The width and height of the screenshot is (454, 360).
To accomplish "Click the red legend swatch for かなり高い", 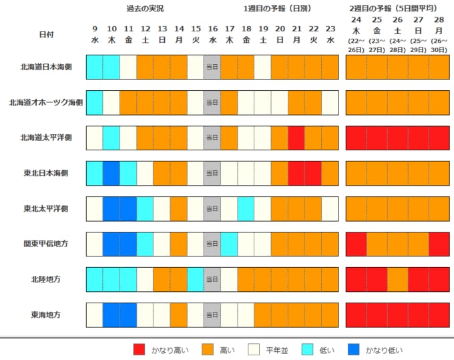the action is (x=139, y=349).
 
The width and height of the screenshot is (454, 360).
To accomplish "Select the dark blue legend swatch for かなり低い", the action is (x=354, y=349).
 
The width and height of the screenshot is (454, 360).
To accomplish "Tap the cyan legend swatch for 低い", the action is (x=307, y=349).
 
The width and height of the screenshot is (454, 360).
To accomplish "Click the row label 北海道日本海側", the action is (x=46, y=67).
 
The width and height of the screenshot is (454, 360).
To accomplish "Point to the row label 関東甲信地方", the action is (x=46, y=244).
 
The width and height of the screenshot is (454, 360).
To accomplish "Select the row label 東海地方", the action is (x=46, y=315).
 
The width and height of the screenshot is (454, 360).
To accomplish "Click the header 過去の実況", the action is (x=145, y=9).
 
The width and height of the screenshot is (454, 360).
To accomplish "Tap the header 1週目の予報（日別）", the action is (x=277, y=9).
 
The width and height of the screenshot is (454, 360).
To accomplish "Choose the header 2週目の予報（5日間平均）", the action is (x=393, y=9).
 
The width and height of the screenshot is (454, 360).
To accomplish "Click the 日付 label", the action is (x=46, y=35).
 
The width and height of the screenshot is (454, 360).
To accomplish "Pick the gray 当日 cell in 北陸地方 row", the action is (x=212, y=279).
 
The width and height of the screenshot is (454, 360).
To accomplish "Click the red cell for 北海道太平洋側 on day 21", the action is (x=296, y=138).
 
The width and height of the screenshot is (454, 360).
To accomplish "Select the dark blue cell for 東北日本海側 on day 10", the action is (x=111, y=174).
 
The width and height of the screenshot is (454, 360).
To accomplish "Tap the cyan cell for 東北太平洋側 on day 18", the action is (x=246, y=209).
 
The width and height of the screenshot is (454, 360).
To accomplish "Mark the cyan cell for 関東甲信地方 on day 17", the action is (x=229, y=244).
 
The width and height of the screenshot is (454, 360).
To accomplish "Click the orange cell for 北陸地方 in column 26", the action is (x=397, y=279).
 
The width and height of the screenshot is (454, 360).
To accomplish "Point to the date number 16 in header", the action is (x=213, y=29).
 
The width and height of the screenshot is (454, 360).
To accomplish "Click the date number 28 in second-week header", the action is (x=439, y=19).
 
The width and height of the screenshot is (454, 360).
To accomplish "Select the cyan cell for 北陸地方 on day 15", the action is (x=196, y=279).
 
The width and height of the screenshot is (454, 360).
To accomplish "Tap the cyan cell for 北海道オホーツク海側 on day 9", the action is (x=95, y=103).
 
